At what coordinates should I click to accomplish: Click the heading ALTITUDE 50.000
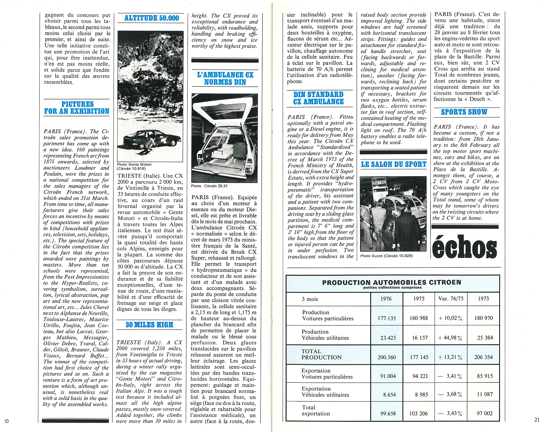coord(151,18)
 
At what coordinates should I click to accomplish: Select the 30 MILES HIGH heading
coord(149,325)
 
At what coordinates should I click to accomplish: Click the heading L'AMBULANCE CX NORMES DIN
coord(225,78)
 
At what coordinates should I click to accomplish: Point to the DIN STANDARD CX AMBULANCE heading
coord(318,98)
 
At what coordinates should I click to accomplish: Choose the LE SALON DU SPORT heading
coord(393,164)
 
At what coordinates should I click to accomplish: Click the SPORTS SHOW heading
coord(464,112)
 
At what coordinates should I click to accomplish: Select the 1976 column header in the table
coord(386,299)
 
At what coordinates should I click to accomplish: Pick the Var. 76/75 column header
coord(451,299)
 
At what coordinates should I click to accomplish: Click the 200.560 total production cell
coord(387,357)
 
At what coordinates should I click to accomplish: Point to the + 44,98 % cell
coord(450,338)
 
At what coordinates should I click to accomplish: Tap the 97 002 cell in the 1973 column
coord(484,413)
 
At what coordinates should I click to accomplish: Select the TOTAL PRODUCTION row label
coord(321,354)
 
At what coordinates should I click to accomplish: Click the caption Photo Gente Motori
coord(134,165)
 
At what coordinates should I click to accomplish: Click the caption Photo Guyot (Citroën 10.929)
coord(386,256)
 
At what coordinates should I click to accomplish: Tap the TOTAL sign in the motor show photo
coord(379,182)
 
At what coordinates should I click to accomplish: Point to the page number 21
coord(537,419)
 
